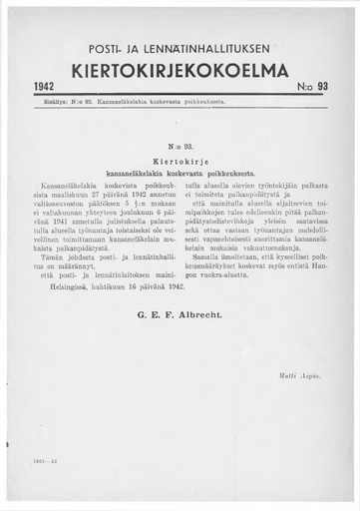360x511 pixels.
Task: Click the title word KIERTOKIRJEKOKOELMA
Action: click(x=179, y=71)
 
